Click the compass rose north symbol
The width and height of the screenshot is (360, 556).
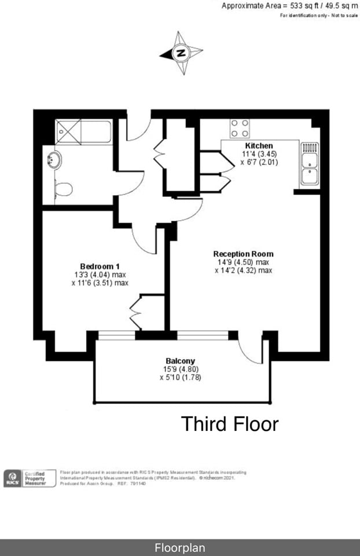(x=182, y=53)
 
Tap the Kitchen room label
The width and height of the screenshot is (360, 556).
(x=259, y=145)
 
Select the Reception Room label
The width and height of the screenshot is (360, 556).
(x=243, y=254)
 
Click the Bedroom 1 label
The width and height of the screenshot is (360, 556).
(x=96, y=266)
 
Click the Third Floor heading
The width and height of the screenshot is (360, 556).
(x=230, y=424)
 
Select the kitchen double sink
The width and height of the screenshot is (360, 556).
(x=310, y=164)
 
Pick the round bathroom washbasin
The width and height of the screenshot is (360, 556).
(x=54, y=159)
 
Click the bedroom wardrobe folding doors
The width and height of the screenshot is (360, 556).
(x=137, y=313)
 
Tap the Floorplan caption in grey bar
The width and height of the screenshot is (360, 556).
(x=179, y=547)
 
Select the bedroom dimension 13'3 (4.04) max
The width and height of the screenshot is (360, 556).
(x=96, y=275)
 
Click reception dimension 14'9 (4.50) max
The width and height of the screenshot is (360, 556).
(x=243, y=262)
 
